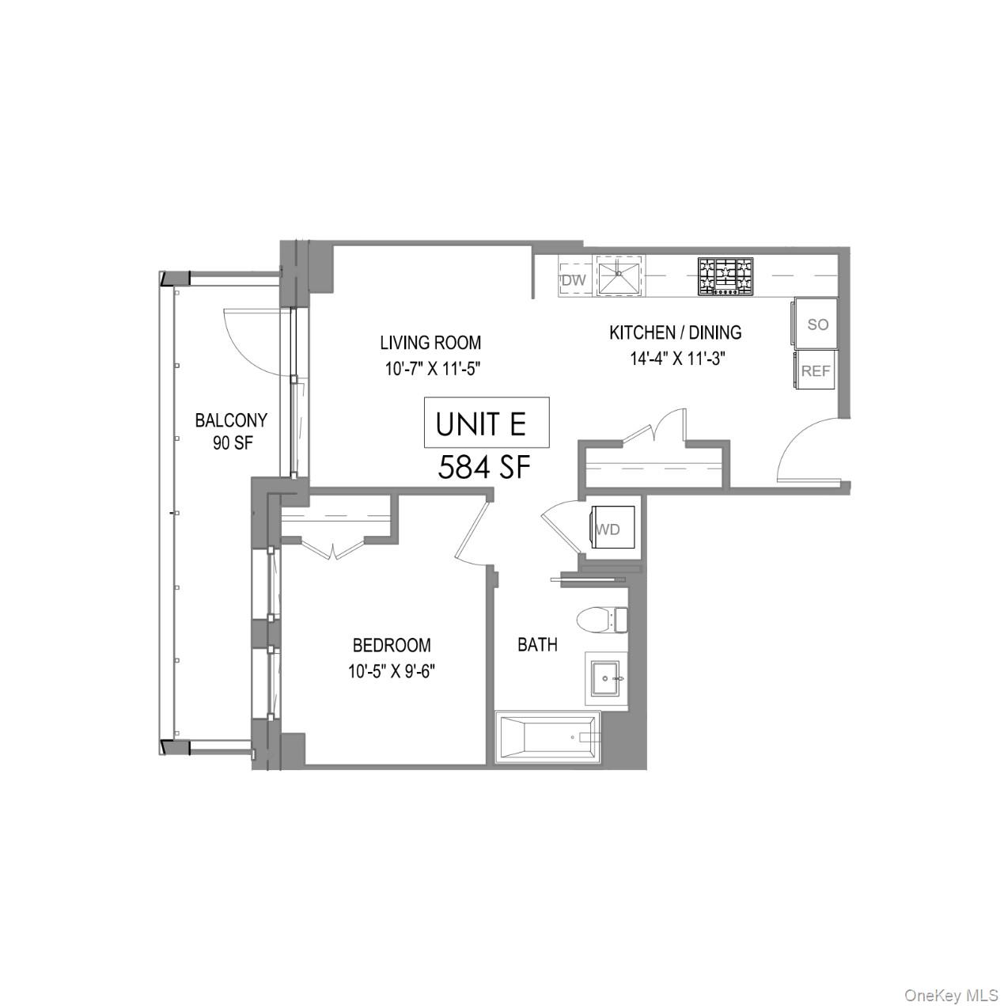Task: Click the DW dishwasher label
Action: click(574, 280)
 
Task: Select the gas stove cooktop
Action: click(725, 276)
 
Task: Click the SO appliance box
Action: click(816, 324)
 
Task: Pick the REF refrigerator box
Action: click(816, 370)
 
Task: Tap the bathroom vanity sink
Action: click(607, 678)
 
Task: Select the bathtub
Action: click(547, 738)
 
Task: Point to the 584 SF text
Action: click(483, 467)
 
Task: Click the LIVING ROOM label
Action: click(430, 343)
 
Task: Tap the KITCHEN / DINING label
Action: click(675, 332)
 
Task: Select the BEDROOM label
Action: click(392, 645)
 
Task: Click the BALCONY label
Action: click(231, 420)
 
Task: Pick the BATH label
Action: click(537, 644)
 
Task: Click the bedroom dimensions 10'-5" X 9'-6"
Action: click(392, 671)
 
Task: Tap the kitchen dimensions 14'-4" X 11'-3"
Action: click(677, 359)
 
